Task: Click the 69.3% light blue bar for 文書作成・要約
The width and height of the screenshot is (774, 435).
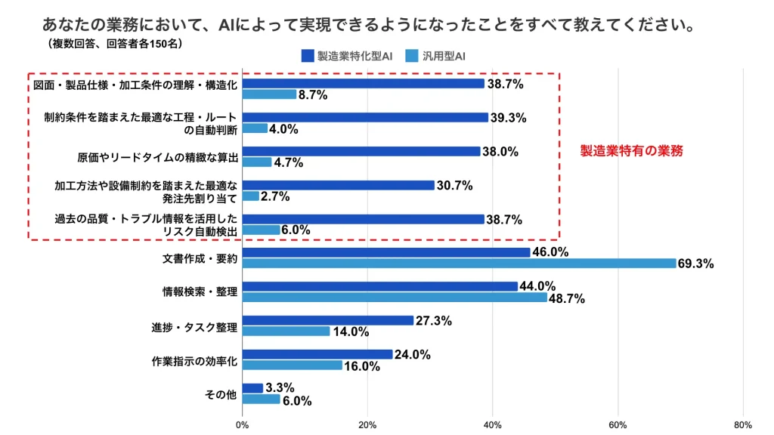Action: (459, 263)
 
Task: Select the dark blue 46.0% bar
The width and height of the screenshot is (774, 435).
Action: (386, 252)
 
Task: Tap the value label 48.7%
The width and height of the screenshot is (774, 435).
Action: (567, 298)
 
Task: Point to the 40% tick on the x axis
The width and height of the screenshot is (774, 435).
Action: (493, 424)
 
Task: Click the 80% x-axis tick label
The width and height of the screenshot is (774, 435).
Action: (742, 424)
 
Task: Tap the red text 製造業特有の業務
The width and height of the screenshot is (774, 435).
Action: (632, 151)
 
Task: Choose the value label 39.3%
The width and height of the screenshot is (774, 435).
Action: (508, 117)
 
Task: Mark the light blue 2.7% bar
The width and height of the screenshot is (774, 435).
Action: (251, 196)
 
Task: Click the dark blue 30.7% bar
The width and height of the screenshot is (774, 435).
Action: (339, 185)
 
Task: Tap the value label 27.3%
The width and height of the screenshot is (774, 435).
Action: (433, 321)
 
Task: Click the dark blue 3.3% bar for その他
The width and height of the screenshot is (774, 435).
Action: (252, 388)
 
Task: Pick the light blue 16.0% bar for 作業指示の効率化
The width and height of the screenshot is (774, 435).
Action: (293, 366)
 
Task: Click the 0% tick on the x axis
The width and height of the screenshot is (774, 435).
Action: (243, 424)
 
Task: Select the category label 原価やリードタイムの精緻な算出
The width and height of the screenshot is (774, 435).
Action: (158, 157)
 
